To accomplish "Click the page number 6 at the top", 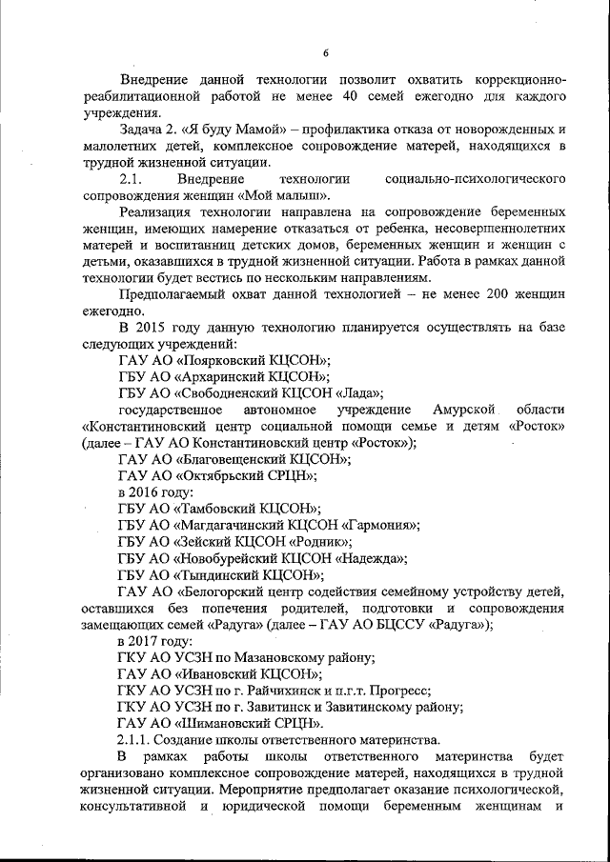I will pos(325,52).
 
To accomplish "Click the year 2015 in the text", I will pos(156,328).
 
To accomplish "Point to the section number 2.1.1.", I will pos(134,740).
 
